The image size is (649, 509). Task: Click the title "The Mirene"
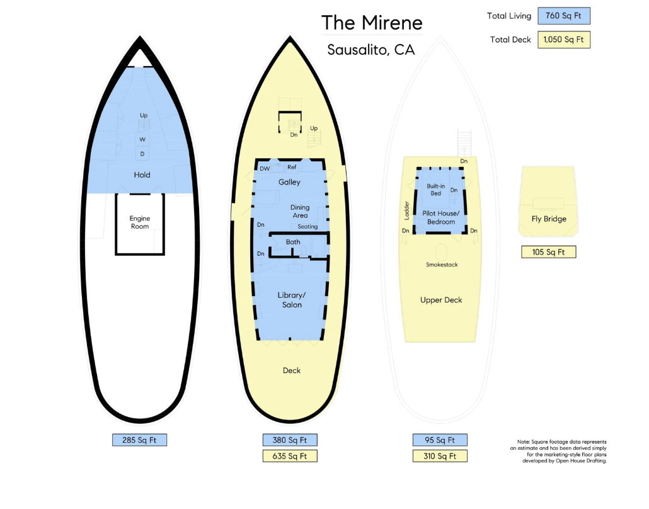tap(372, 23)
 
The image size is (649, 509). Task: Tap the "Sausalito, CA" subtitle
tap(371, 50)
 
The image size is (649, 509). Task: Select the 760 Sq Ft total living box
tap(564, 16)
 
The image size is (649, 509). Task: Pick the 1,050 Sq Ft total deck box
tap(564, 40)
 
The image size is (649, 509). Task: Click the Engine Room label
tap(140, 222)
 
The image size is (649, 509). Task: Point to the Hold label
tap(142, 174)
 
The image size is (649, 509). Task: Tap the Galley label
tap(290, 182)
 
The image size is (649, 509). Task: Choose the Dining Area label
tap(300, 211)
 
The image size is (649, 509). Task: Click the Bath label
tap(293, 242)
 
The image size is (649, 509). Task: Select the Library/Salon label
tap(290, 300)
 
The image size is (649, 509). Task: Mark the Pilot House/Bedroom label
tap(441, 218)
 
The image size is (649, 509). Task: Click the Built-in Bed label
tap(436, 190)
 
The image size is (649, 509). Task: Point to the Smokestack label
tap(442, 265)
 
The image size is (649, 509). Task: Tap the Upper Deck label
tap(441, 300)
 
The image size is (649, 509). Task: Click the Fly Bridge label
tap(549, 219)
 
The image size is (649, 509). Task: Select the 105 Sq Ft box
tap(549, 252)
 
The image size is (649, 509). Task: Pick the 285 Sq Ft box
tap(139, 440)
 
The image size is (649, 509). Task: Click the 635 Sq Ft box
tap(290, 456)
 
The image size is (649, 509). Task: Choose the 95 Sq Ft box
tap(440, 440)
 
